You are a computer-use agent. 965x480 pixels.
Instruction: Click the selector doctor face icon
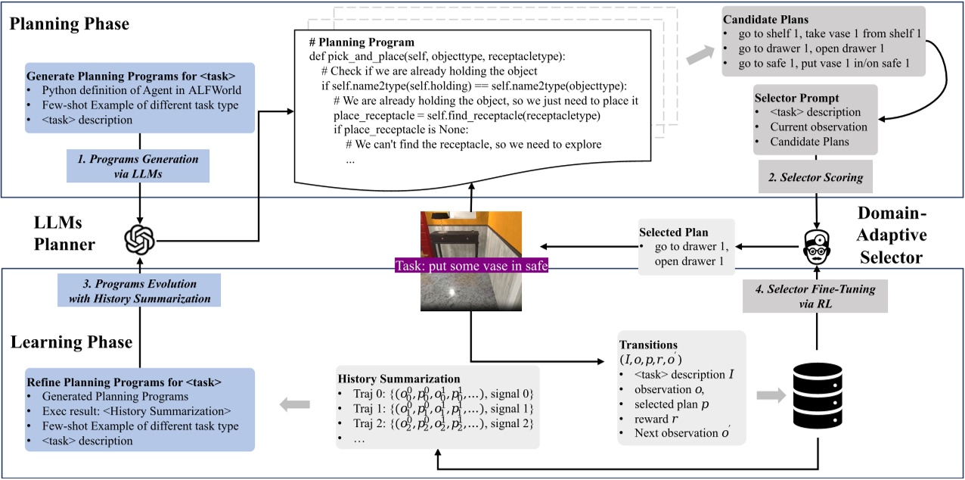pos(816,244)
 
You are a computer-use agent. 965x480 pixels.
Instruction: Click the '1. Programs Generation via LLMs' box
pos(138,166)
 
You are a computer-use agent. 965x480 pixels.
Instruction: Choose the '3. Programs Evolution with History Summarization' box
pos(139,290)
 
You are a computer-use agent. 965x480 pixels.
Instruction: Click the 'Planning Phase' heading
pos(70,24)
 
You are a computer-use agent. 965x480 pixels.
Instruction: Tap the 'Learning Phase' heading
pos(72,342)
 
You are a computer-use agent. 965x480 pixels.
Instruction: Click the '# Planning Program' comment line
pos(361,42)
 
